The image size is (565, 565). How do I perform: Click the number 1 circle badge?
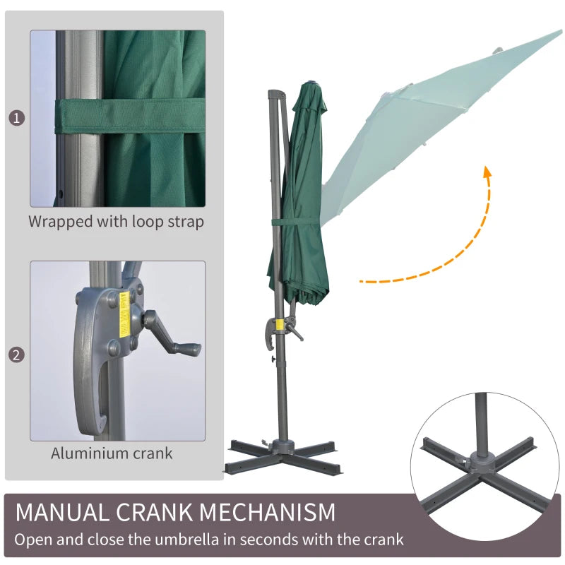pos(17,118)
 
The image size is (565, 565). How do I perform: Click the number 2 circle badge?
pos(17,355)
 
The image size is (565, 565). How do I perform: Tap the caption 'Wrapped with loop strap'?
pos(116,221)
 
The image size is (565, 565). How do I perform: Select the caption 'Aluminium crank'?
pos(112,453)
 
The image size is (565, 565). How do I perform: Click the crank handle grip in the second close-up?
pos(185,348)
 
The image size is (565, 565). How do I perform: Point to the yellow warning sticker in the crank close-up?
pos(125,313)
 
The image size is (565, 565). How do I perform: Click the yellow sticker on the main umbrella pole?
pos(280,326)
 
